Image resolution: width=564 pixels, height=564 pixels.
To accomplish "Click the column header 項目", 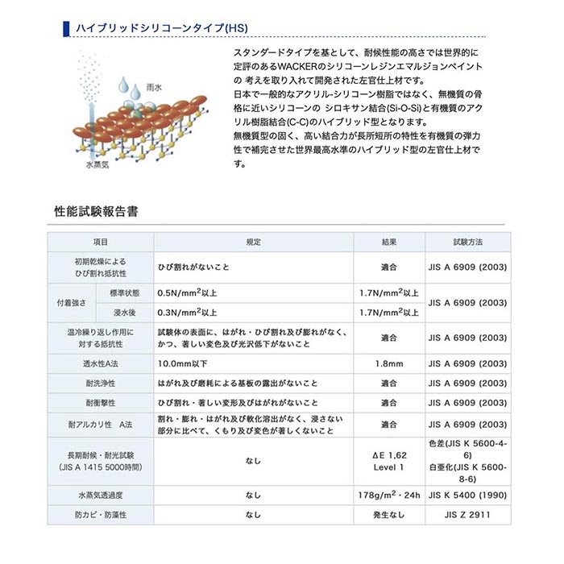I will [100, 242].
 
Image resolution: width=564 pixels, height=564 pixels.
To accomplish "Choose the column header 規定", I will [253, 242].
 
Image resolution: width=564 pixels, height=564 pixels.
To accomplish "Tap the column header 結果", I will [389, 242].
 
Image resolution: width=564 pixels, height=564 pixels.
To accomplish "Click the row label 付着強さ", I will [71, 303].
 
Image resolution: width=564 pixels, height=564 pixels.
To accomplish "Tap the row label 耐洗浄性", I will [100, 384].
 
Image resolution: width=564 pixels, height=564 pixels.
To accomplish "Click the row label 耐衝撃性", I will [100, 403].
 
